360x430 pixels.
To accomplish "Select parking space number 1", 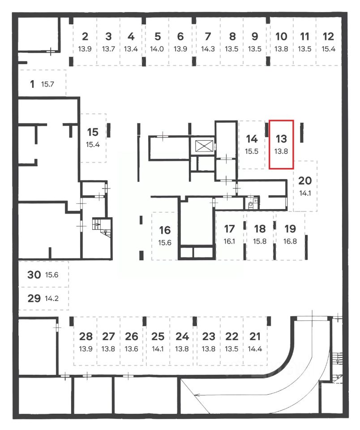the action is [32, 84].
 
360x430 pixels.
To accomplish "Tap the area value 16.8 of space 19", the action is [290, 241].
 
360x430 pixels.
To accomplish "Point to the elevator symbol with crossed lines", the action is [202, 146].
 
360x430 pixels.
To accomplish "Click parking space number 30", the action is [34, 275].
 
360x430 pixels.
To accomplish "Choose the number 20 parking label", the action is [304, 181].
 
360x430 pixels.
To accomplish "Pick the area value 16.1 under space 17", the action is [229, 241].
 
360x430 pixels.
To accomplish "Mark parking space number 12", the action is [328, 37].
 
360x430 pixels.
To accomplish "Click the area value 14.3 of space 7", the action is [207, 49].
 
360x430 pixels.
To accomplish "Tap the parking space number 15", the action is [93, 132].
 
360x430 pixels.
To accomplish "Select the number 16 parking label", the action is [165, 230].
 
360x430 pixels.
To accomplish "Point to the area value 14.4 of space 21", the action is [254, 349].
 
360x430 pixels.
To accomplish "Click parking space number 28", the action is [86, 336].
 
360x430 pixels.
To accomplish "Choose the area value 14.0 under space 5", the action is [158, 49].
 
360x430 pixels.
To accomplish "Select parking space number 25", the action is [158, 336].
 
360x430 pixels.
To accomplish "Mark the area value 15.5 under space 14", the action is [252, 151].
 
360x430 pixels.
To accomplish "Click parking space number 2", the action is [85, 37].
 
